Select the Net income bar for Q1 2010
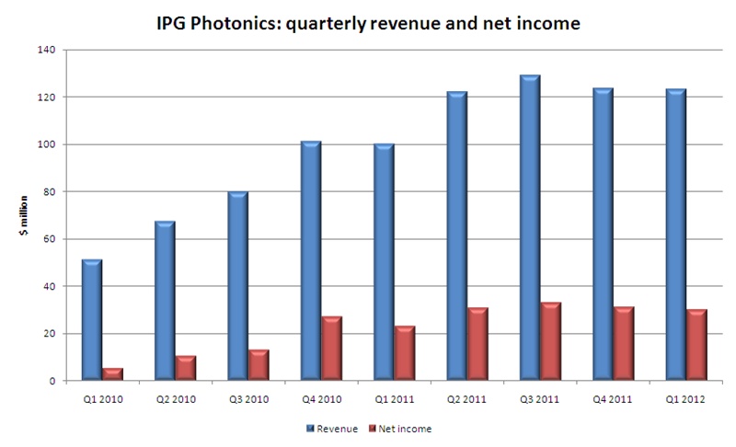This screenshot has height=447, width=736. tap(113, 374)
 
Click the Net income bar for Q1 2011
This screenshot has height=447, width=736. tap(405, 353)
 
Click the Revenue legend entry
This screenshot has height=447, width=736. tap(335, 429)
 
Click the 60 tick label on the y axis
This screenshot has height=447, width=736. tap(47, 239)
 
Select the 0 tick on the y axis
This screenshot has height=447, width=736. tap(50, 381)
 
